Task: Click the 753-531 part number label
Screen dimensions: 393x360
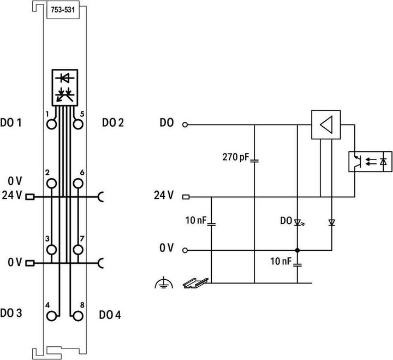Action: point(63,10)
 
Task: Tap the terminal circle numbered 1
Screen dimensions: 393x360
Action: point(52,124)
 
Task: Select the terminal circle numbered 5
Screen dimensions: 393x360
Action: point(78,124)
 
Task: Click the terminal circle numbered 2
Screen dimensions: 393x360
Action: point(52,184)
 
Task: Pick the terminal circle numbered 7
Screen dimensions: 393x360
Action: point(78,250)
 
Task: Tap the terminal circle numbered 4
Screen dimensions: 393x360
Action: point(52,316)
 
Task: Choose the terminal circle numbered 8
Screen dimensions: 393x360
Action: point(78,316)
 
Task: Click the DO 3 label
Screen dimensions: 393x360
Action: point(11,313)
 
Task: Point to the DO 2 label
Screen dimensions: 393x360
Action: point(113,123)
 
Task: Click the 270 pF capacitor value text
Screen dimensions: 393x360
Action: point(236,157)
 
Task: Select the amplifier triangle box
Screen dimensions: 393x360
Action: point(326,125)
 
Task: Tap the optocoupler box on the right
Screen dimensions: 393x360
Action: point(370,162)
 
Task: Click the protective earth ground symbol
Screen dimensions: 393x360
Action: point(164,283)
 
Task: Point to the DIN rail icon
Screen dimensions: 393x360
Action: point(196,283)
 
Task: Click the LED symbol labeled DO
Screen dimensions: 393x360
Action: point(298,222)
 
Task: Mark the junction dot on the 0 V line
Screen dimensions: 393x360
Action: point(297,250)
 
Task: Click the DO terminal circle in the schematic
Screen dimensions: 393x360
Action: point(185,125)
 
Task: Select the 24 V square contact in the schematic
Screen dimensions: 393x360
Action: point(186,197)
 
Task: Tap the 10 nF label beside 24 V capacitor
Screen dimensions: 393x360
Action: point(196,221)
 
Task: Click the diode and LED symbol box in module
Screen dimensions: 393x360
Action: point(65,87)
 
